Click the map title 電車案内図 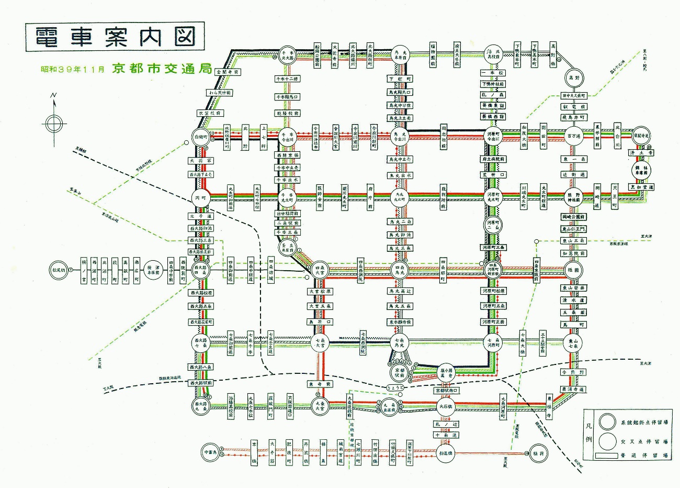click(x=115, y=37)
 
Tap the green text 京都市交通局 click(x=161, y=69)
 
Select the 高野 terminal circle click(x=574, y=77)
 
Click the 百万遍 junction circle click(x=574, y=136)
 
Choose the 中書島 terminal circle click(x=211, y=452)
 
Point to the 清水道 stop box click(x=574, y=301)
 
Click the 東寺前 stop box click(x=320, y=384)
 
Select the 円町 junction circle click(x=201, y=198)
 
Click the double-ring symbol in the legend click(x=608, y=422)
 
